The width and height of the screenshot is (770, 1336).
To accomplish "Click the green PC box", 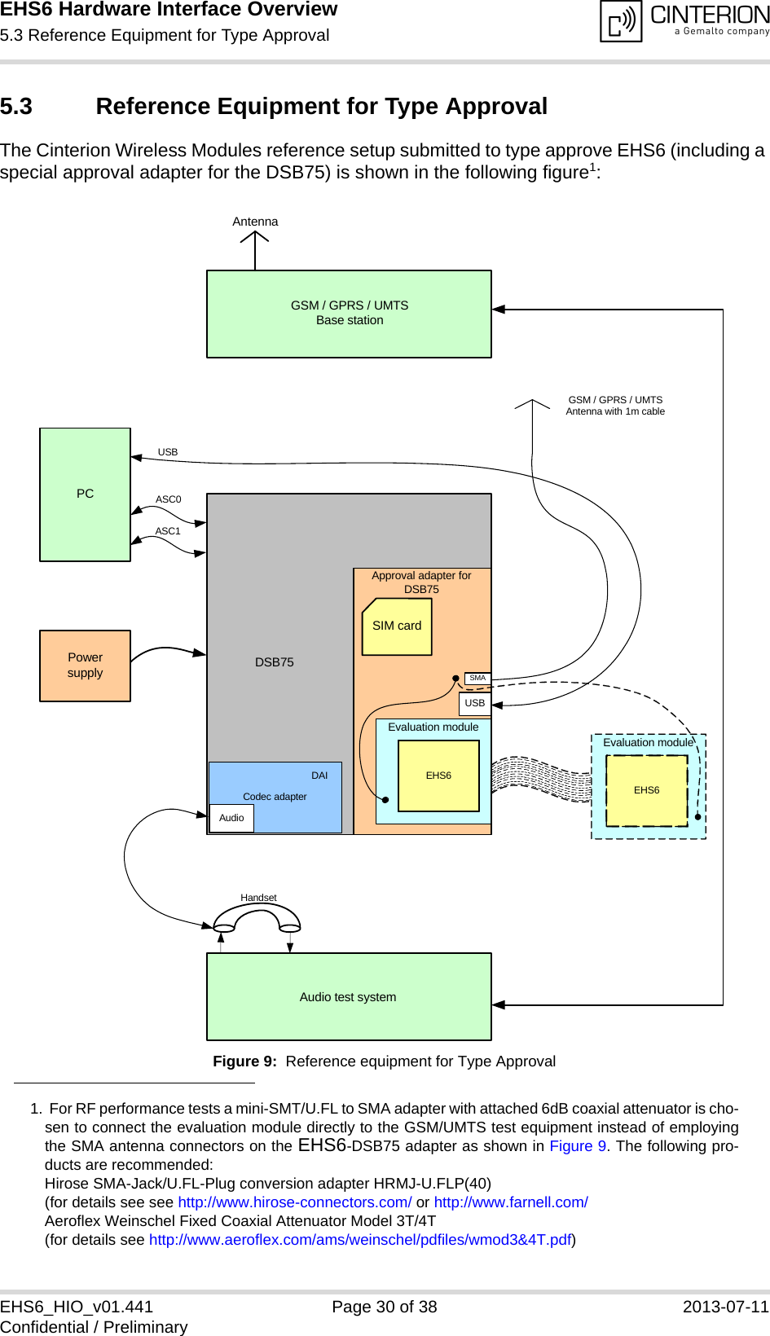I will pos(85,494).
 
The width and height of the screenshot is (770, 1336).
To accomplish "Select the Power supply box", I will pos(85,665).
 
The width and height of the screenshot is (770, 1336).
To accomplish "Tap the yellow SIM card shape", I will pos(397,626).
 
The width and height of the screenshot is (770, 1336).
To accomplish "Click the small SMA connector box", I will pos(477,678).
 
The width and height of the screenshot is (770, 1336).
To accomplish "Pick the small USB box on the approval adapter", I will pos(474,703).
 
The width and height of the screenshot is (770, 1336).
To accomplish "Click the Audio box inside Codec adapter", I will pos(231,818).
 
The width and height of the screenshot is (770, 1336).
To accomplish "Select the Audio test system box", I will pos(349,996).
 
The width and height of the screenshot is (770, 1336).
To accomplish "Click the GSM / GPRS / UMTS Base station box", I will pos(349,314).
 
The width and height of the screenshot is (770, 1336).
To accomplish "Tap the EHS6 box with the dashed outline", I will pos(647,790).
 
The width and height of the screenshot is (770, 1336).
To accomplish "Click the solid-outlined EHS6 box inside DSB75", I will pos(438,776).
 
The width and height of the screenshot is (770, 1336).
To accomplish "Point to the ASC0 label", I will pos(169,499).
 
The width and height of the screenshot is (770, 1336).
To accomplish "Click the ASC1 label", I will pos(168,531).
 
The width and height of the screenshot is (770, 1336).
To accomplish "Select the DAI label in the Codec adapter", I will pos(319,776).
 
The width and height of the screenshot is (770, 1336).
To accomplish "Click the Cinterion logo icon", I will pos(622,21).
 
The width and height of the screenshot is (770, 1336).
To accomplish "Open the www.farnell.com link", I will pos(511,1202).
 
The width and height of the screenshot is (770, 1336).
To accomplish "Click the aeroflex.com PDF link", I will pos(359,1240).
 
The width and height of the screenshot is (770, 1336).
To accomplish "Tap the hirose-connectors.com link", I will pos(295,1202).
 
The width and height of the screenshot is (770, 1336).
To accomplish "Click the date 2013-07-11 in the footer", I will pos(725,1307).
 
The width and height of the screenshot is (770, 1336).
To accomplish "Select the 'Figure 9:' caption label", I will pos(244,1061).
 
